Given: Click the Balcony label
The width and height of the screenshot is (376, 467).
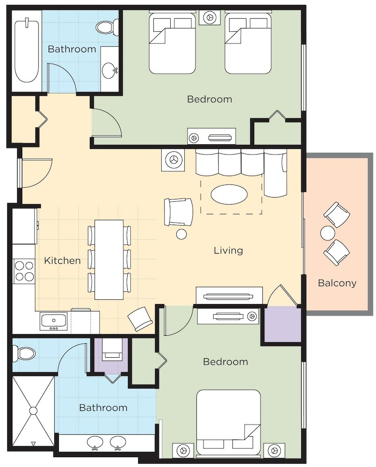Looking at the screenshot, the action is click(x=337, y=283).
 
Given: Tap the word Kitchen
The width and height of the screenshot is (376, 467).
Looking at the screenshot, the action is click(x=62, y=261).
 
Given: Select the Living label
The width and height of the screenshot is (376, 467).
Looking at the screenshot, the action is click(x=228, y=250).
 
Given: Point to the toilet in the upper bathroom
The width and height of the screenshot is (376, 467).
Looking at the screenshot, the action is click(x=106, y=27).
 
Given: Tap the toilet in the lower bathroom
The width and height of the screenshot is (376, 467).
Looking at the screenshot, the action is click(x=24, y=354).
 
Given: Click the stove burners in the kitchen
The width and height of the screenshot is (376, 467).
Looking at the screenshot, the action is click(x=24, y=271).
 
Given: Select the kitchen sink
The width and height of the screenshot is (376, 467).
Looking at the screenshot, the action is click(x=54, y=321).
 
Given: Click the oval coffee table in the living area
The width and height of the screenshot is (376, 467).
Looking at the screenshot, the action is click(x=229, y=194).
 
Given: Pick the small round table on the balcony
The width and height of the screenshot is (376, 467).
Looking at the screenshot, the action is click(x=327, y=233).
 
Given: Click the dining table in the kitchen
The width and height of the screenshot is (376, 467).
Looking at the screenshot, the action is click(x=109, y=259).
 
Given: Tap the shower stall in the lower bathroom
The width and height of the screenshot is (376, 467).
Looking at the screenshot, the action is click(x=33, y=410).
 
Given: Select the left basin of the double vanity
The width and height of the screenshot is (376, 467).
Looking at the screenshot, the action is click(x=95, y=442).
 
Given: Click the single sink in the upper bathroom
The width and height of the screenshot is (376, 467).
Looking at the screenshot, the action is click(x=109, y=71).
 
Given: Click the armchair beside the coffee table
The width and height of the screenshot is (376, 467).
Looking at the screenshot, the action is click(x=178, y=212).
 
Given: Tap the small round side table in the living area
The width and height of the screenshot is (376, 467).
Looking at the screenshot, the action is click(x=181, y=234).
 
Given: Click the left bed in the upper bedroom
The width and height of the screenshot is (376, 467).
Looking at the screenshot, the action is click(x=172, y=43).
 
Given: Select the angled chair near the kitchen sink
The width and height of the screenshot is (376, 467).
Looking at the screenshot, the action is click(x=140, y=318).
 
